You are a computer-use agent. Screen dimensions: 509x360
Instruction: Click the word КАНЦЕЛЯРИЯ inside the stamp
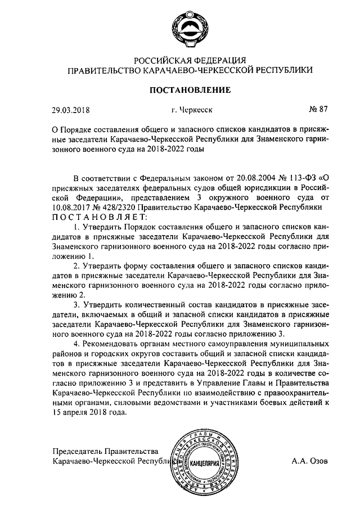coord(208,465)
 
